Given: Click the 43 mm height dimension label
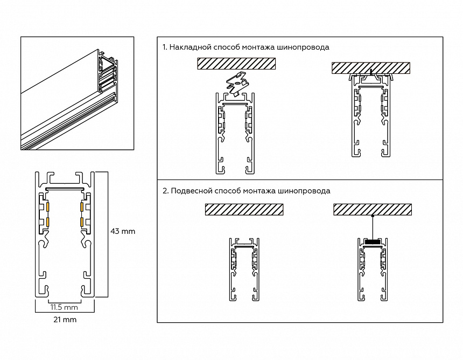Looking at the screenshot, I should tap(122, 232).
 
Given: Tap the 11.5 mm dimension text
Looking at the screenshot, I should tap(64, 308).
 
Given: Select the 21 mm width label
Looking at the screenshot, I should tap(65, 320).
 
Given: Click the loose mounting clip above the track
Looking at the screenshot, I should tap(237, 84).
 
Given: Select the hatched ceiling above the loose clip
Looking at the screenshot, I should tap(236, 64).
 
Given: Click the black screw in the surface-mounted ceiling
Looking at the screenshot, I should tap(371, 72).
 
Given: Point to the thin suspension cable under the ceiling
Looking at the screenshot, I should tap(373, 225).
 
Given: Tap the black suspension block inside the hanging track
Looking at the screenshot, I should tap(372, 241).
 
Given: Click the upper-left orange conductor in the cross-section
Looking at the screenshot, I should tap(47, 206).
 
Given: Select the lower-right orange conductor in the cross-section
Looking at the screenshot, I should tap(82, 221).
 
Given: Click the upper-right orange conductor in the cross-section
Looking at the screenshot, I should tap(82, 206).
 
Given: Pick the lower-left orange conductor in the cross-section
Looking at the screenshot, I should tap(47, 221).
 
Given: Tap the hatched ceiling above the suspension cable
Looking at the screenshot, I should tap(373, 209).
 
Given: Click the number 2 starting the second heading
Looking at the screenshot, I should tap(164, 191).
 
